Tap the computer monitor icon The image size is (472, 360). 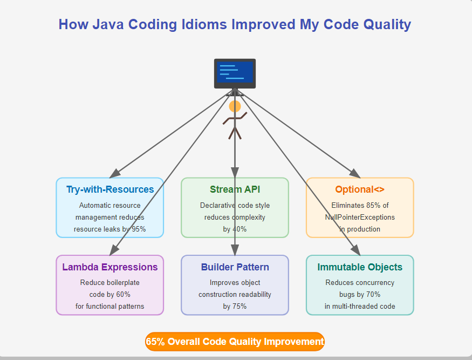coord(235,73)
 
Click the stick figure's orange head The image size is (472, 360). coord(235,106)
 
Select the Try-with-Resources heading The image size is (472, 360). coord(110,189)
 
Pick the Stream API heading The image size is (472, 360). coord(235,189)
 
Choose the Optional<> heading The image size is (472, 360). coord(360,189)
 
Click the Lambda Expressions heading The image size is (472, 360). coord(110,267)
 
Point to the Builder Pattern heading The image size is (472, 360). coord(235,267)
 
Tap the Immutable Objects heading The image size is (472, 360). coord(360,267)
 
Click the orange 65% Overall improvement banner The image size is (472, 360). coord(235,342)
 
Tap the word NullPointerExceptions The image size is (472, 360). coord(360,217)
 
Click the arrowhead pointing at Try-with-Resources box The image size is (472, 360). coord(114,173)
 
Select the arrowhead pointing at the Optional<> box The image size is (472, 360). coord(354,173)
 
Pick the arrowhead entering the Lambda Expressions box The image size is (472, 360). coord(114,250)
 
